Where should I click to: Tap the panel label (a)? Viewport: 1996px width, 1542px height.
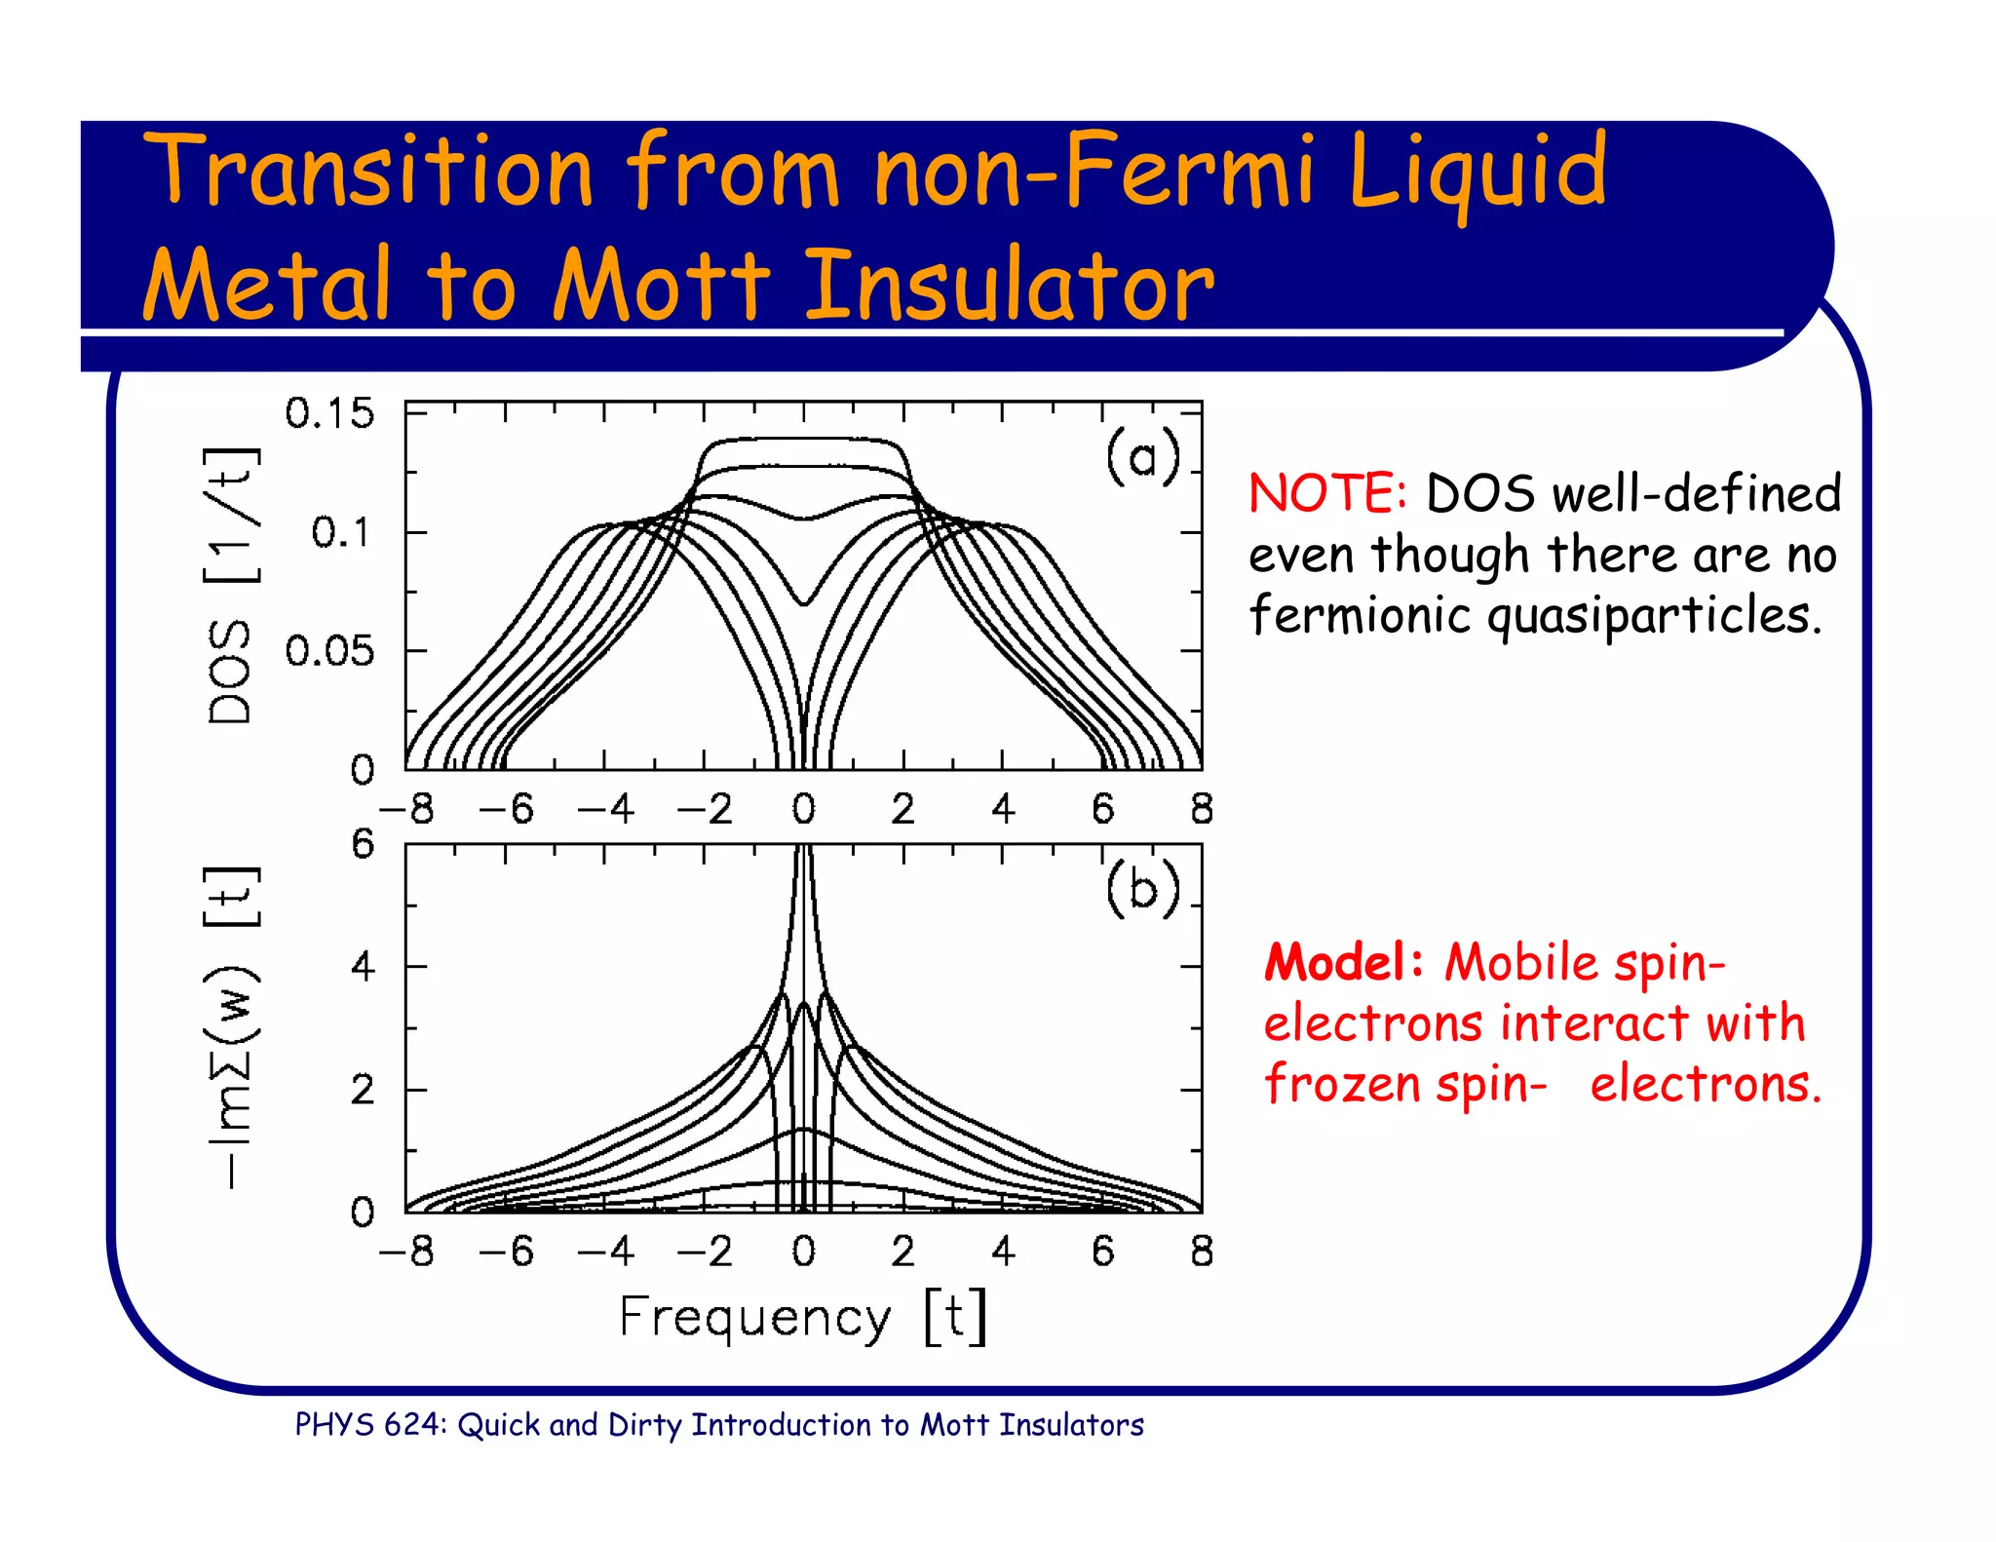click(1142, 456)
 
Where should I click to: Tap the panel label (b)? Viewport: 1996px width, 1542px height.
click(1142, 889)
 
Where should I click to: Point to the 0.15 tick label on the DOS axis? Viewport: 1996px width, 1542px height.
click(329, 414)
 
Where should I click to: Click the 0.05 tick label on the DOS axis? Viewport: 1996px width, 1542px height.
click(329, 651)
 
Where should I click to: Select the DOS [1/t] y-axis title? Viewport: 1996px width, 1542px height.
click(232, 586)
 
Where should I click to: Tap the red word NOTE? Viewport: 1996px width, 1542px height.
click(1327, 493)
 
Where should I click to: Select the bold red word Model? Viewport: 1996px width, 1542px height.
click(1343, 963)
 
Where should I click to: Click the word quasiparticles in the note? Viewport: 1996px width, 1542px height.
click(1652, 616)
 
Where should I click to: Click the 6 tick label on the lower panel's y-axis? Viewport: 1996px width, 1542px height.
click(363, 844)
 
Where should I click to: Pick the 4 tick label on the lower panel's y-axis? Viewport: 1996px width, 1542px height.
click(363, 967)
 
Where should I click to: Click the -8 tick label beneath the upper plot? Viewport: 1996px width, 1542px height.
click(407, 809)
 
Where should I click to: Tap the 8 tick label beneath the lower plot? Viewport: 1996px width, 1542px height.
click(1202, 1252)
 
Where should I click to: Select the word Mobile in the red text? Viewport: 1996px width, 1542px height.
click(1521, 963)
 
